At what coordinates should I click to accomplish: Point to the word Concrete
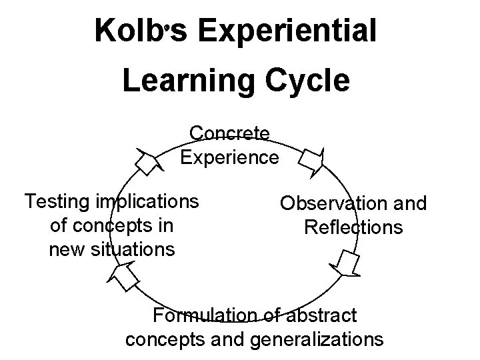click(x=229, y=133)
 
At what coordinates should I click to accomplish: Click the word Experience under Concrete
click(x=229, y=158)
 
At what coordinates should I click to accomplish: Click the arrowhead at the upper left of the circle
click(x=147, y=160)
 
